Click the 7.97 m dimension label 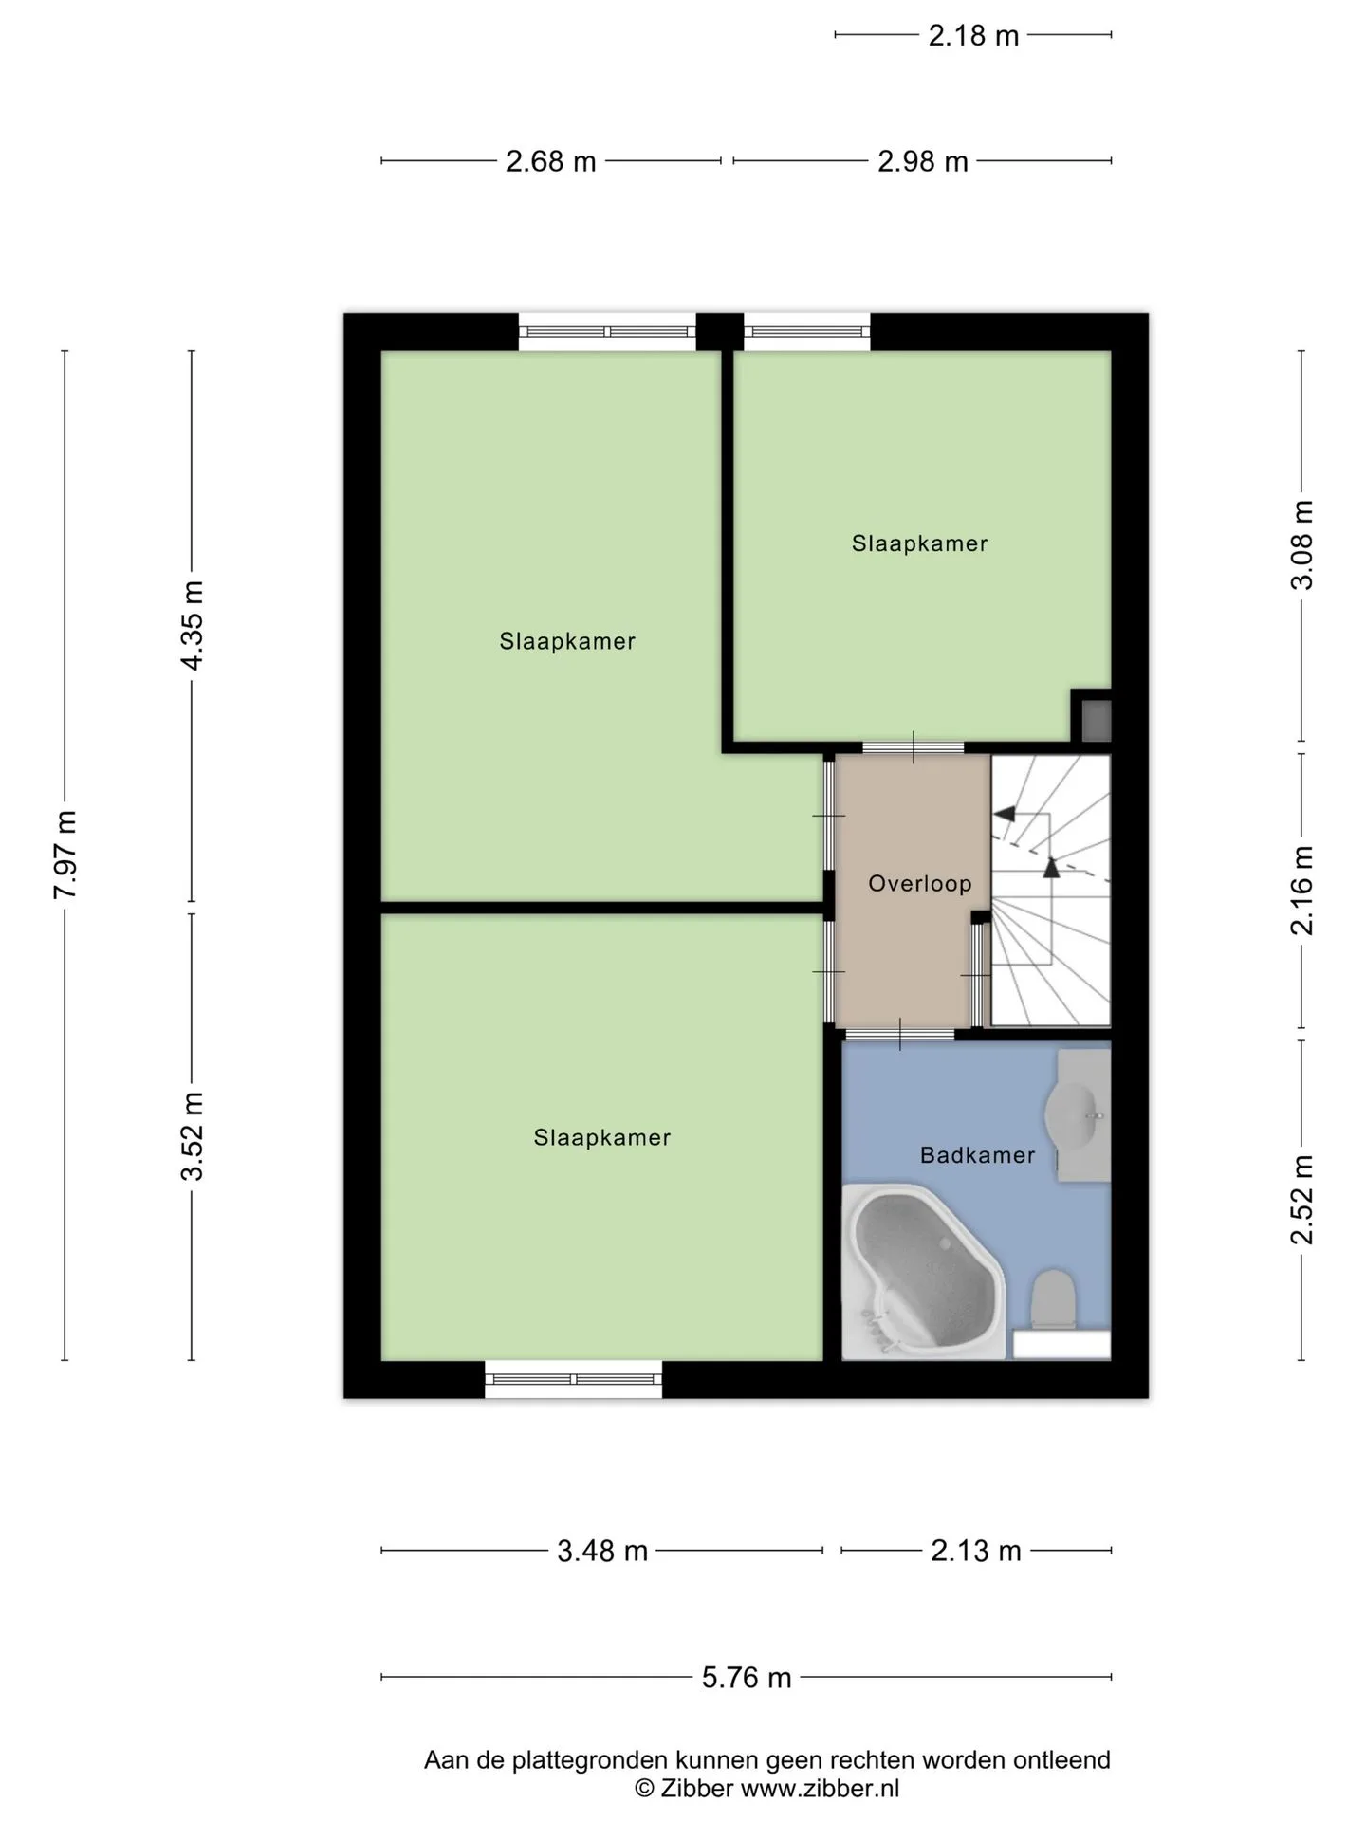click(x=65, y=855)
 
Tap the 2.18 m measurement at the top click(x=973, y=36)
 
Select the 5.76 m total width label click(x=747, y=1677)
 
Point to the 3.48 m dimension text click(x=602, y=1551)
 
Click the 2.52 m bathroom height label click(x=1302, y=1200)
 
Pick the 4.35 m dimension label click(x=193, y=625)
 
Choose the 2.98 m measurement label click(x=923, y=161)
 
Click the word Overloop click(x=920, y=884)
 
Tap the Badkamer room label click(x=977, y=1155)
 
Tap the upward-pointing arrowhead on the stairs click(x=1051, y=866)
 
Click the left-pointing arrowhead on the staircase click(x=1004, y=814)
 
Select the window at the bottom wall click(x=574, y=1379)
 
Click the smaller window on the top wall click(x=806, y=332)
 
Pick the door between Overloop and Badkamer click(x=899, y=1034)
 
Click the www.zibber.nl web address click(x=820, y=1789)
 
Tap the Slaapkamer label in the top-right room click(x=920, y=543)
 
